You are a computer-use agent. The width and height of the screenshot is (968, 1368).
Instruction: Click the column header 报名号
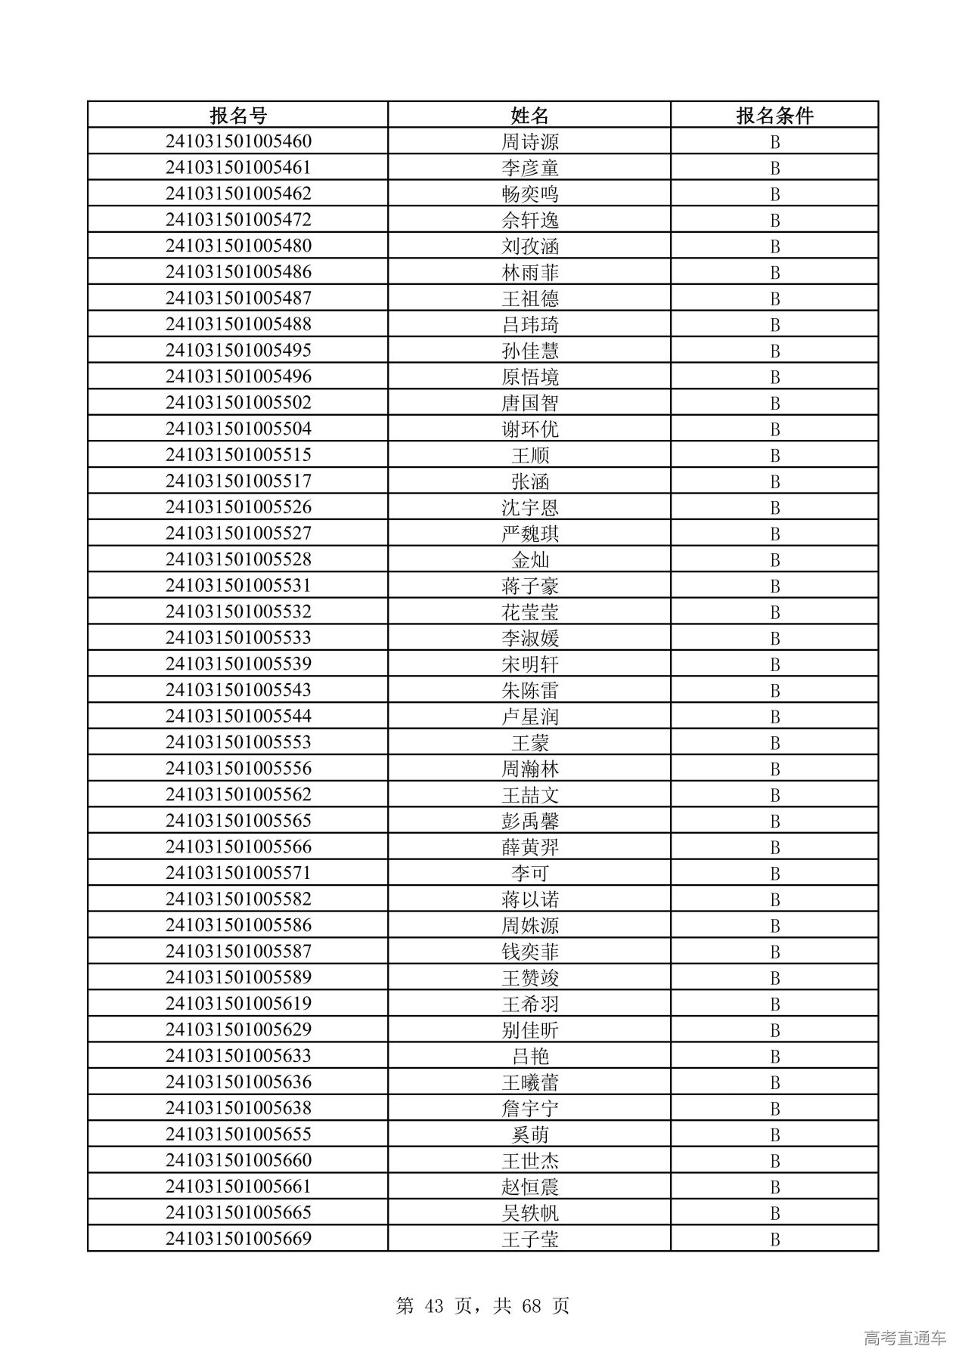click(238, 116)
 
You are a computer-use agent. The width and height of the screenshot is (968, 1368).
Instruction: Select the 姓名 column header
click(529, 116)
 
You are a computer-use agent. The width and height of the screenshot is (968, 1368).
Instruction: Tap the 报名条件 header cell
click(774, 116)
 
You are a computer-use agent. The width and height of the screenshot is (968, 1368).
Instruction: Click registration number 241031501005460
click(238, 141)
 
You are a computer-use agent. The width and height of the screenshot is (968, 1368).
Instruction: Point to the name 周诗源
click(529, 142)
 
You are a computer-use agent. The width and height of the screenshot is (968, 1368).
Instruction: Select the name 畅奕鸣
click(529, 194)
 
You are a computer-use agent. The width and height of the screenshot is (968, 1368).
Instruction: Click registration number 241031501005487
click(238, 298)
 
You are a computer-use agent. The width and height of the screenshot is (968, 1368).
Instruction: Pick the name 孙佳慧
click(529, 351)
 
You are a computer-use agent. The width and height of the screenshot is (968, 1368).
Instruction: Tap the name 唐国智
click(529, 403)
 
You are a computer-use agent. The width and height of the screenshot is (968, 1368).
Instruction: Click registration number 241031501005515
click(238, 455)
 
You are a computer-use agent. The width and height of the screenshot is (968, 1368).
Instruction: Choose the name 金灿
click(529, 560)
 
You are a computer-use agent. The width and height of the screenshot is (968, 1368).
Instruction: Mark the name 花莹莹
click(529, 612)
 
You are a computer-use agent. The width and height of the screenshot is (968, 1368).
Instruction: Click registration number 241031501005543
click(238, 690)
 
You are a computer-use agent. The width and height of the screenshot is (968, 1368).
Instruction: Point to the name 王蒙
click(529, 743)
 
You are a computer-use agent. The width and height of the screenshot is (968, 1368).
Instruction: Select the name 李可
click(529, 874)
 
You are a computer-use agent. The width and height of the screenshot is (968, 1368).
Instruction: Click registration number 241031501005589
click(238, 977)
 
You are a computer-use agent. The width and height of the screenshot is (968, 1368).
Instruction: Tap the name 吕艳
click(529, 1057)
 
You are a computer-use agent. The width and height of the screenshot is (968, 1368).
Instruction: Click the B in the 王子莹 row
click(774, 1240)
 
